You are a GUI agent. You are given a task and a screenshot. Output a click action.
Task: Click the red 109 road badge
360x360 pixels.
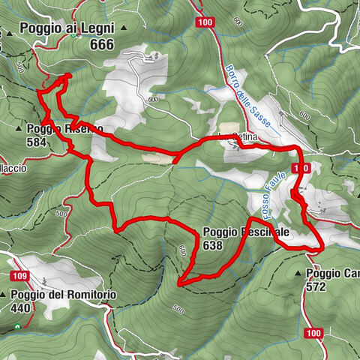click(20, 277)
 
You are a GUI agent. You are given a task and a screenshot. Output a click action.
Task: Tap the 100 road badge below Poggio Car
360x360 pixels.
click(314, 332)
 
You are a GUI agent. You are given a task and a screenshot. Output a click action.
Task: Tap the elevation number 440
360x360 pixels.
click(21, 307)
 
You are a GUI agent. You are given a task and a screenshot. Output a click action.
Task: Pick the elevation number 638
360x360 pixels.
click(212, 245)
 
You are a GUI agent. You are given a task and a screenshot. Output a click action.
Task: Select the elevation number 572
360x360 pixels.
click(316, 286)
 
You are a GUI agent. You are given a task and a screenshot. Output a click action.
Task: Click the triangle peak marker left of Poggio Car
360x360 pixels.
click(300, 274)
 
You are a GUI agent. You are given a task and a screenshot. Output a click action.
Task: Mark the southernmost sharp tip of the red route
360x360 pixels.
click(179, 283)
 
